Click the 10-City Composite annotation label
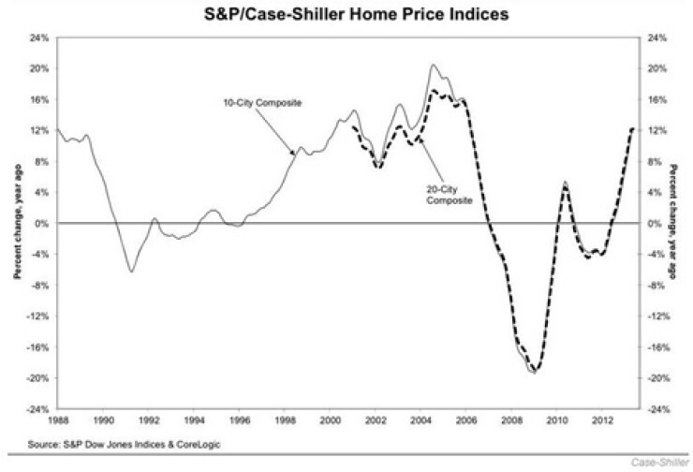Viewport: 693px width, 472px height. pyautogui.click(x=270, y=100)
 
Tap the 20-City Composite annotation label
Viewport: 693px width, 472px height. pyautogui.click(x=446, y=193)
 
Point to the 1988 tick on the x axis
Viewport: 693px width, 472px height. pyautogui.click(x=58, y=420)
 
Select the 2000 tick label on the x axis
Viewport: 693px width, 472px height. pyautogui.click(x=331, y=420)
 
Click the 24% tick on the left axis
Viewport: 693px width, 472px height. pyautogui.click(x=40, y=38)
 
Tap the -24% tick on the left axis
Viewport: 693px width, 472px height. pyautogui.click(x=38, y=409)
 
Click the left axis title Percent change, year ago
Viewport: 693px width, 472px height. pyautogui.click(x=16, y=224)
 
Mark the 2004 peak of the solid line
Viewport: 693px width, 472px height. pyautogui.click(x=432, y=65)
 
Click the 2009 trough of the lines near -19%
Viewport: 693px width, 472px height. pyautogui.click(x=534, y=373)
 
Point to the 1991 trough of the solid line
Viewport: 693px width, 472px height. pyautogui.click(x=132, y=272)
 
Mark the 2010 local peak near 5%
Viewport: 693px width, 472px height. pyautogui.click(x=565, y=183)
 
